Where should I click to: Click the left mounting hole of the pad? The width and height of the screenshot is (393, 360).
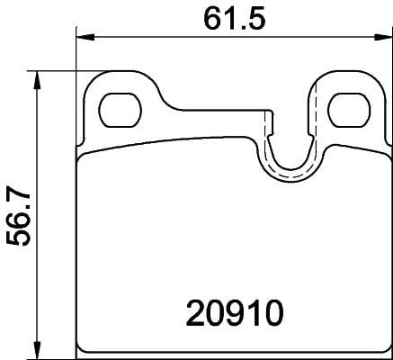(114, 111)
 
